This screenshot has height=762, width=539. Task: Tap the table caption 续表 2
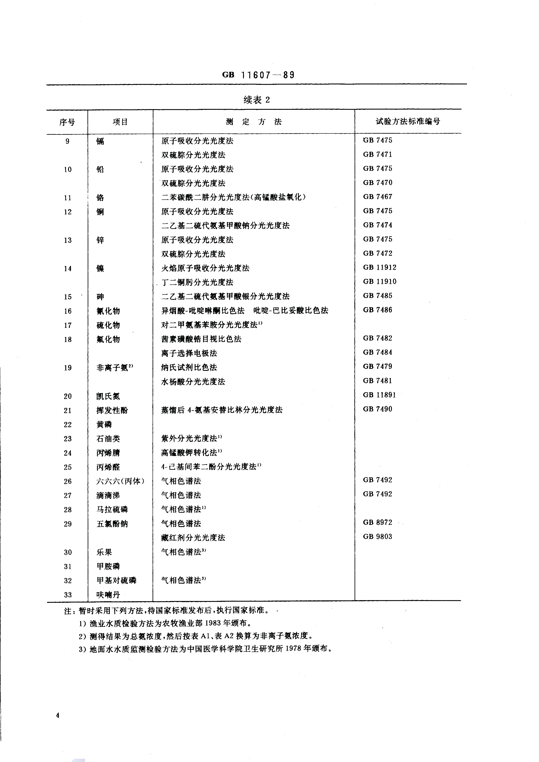click(x=256, y=100)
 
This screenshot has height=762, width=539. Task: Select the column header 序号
click(x=67, y=122)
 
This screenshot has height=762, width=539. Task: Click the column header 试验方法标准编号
click(x=408, y=122)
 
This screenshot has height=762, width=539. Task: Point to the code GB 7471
click(x=377, y=154)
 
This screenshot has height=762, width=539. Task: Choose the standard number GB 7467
click(x=377, y=197)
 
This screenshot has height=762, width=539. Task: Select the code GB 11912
click(x=379, y=268)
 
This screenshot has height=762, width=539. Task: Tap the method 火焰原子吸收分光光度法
click(x=205, y=268)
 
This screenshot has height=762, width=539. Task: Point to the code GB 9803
click(x=377, y=537)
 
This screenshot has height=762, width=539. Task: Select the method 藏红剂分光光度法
click(x=193, y=538)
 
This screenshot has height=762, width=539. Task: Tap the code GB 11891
click(x=379, y=395)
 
